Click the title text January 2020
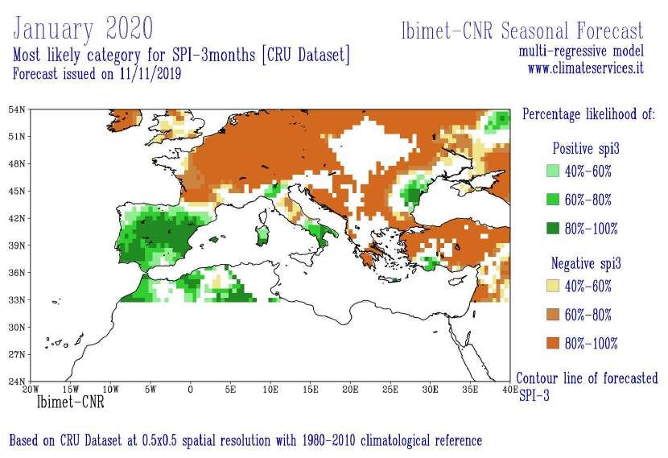(83, 29)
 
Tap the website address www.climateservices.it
(585, 69)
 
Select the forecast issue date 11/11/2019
(151, 73)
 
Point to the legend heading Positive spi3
(585, 149)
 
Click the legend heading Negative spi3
(585, 263)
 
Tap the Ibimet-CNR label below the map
(70, 400)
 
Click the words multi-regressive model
(581, 52)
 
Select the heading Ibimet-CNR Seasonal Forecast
(522, 31)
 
